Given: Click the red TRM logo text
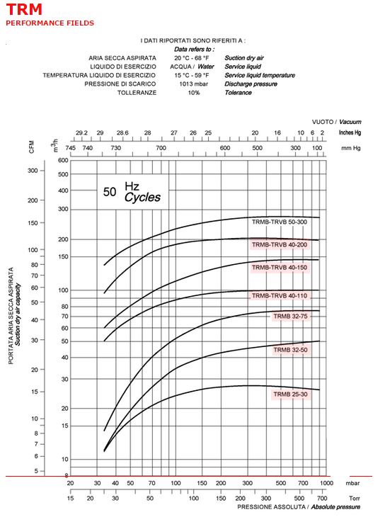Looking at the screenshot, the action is click(24, 9).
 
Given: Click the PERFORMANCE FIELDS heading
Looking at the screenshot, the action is click(50, 23).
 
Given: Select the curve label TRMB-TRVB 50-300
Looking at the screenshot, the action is click(279, 222).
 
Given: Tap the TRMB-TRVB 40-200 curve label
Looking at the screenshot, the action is click(279, 244).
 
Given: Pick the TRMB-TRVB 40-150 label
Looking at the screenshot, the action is click(279, 268).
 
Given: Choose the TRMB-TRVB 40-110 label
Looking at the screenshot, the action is click(279, 296).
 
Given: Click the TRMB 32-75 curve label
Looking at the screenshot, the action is click(290, 316).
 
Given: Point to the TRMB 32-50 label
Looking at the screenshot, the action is click(290, 350).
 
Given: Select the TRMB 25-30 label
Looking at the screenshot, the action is click(290, 394).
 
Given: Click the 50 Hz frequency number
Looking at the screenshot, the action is click(110, 192).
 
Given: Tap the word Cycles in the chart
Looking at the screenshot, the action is click(142, 198).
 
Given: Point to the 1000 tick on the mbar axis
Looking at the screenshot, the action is click(326, 483).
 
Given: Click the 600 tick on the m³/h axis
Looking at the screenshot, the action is click(63, 161).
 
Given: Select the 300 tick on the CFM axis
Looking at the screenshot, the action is click(33, 171).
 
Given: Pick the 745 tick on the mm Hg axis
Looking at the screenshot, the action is click(70, 148).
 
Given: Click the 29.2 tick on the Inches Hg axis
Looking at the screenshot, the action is click(81, 133).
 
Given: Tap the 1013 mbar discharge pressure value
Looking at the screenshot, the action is click(193, 84).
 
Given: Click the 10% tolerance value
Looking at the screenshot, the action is click(194, 93).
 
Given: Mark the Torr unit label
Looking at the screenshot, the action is click(355, 498).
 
